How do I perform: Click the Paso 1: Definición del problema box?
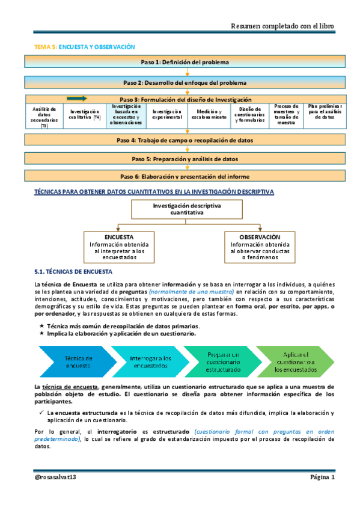tap(185, 62)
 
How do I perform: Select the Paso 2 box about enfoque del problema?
tap(185, 82)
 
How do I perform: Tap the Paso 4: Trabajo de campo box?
tap(185, 140)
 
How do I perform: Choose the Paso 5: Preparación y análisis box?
tap(185, 159)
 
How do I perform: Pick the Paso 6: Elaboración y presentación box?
tap(185, 176)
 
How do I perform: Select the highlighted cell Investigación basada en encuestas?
tap(126, 115)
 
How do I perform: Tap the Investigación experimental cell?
tap(166, 115)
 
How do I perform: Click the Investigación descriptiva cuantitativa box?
tap(186, 209)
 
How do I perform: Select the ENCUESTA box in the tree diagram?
tap(118, 247)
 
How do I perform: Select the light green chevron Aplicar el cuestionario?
tap(294, 361)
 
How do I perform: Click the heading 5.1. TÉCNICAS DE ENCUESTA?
tap(70, 272)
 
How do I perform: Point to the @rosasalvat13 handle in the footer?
tap(59, 476)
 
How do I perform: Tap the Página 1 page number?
tap(322, 476)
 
